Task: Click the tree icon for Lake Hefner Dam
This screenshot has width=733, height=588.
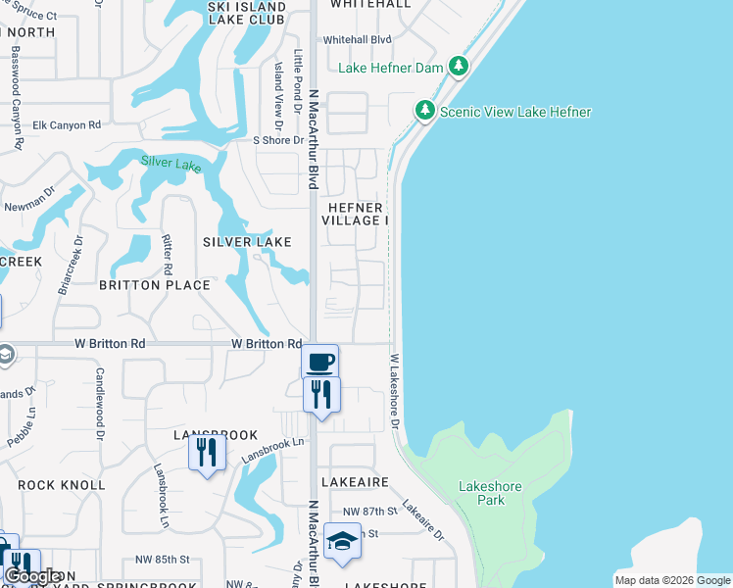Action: click(x=458, y=68)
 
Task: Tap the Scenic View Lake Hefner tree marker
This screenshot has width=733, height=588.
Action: click(x=425, y=111)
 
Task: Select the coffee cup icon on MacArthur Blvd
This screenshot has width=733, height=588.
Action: click(x=319, y=362)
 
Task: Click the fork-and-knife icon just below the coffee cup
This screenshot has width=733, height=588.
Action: click(x=320, y=394)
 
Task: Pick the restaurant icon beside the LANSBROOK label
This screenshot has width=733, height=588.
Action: click(x=207, y=452)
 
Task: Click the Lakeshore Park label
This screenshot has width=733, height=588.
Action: click(x=481, y=493)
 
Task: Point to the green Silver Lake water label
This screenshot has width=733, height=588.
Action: click(x=171, y=164)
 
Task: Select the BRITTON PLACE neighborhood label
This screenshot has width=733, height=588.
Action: click(x=155, y=285)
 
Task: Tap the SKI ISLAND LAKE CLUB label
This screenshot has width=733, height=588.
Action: click(x=247, y=14)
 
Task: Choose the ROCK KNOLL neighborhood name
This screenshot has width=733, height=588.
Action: click(x=61, y=485)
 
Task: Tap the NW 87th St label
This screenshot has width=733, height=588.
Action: click(x=369, y=513)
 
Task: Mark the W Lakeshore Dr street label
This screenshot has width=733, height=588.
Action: click(x=395, y=390)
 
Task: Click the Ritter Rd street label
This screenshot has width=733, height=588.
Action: click(x=168, y=254)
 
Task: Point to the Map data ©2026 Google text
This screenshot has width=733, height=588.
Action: click(x=671, y=580)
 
